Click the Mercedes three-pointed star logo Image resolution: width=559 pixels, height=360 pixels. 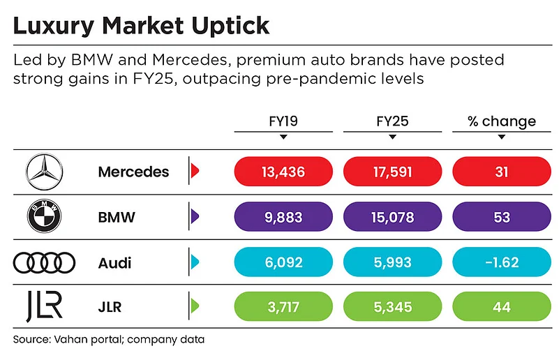tap(43, 172)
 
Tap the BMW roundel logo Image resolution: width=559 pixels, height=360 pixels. tap(43, 218)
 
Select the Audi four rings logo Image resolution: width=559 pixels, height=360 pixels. tap(44, 263)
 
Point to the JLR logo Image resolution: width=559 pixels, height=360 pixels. tap(44, 308)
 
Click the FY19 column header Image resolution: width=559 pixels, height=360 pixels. tap(283, 121)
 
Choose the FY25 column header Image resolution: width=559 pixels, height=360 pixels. tap(392, 121)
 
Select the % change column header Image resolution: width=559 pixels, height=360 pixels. tap(501, 121)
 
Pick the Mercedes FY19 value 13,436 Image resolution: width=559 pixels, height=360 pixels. tap(283, 172)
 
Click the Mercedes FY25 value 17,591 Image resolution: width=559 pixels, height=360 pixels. tap(392, 172)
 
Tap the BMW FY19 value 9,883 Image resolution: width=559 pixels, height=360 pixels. tap(283, 217)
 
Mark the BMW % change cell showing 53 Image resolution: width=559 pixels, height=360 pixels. tap(501, 217)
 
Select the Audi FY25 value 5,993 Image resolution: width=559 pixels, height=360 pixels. tap(392, 262)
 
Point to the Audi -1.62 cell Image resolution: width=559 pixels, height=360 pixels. tap(501, 262)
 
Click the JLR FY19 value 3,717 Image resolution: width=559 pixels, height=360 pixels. tap(283, 307)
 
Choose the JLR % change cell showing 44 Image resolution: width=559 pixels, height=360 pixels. tap(501, 307)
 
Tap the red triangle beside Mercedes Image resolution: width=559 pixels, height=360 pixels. tap(195, 172)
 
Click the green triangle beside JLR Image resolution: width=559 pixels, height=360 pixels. tap(195, 307)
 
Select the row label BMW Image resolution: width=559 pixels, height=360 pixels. tap(117, 218)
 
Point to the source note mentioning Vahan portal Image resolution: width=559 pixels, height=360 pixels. tap(108, 340)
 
